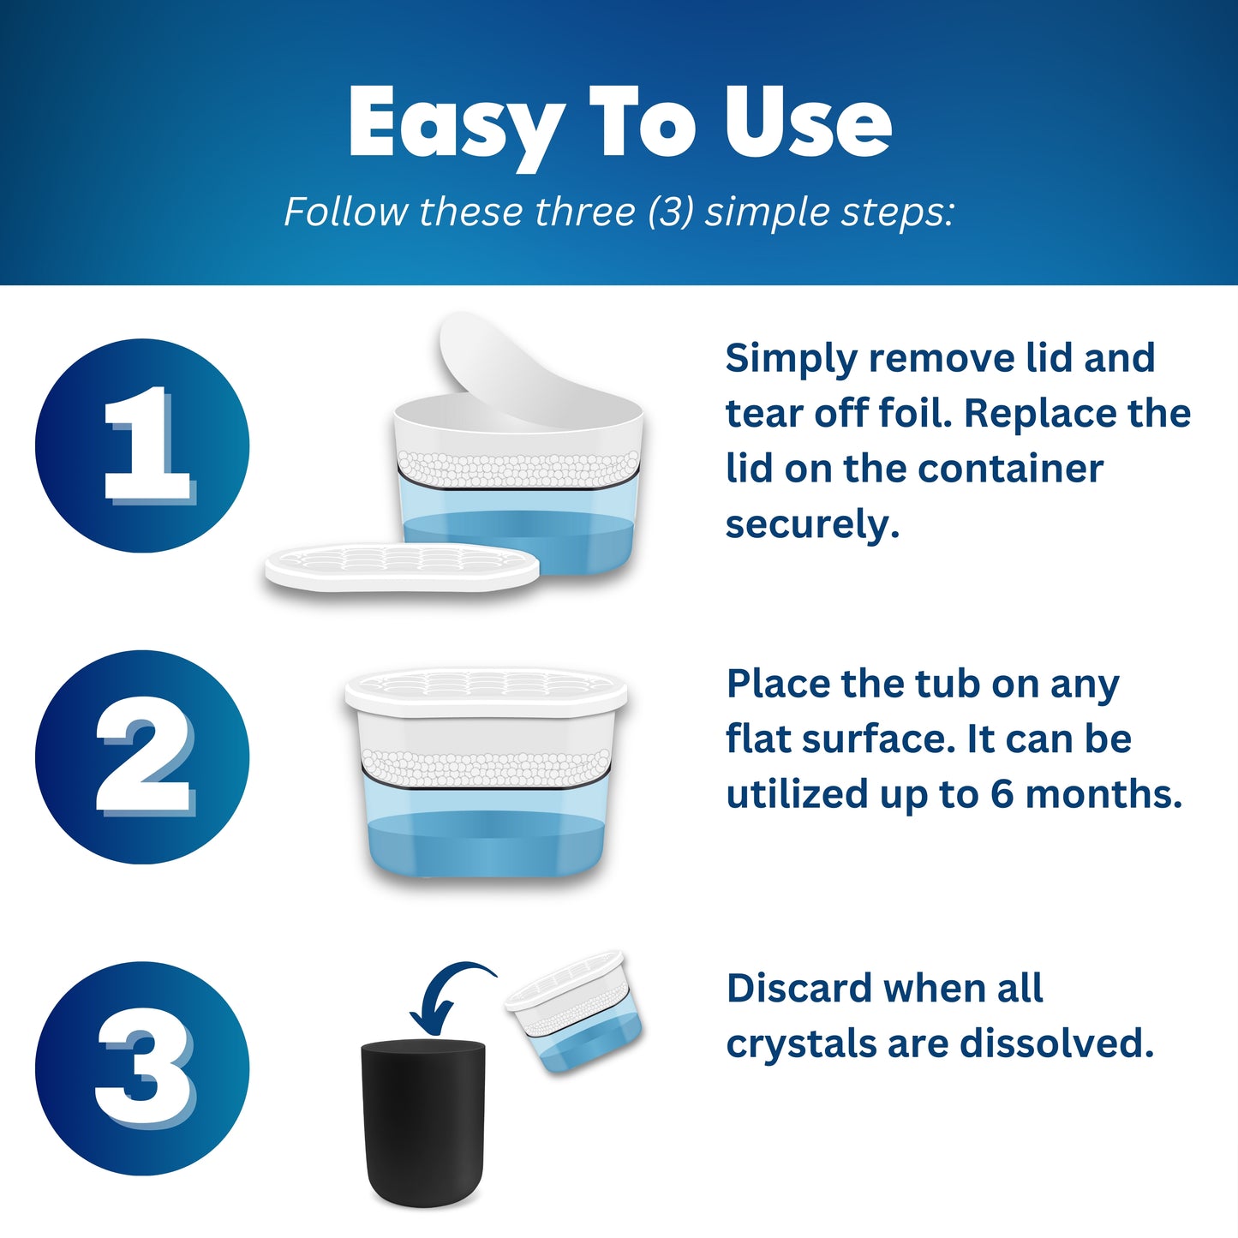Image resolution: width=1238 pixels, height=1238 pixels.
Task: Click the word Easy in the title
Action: (x=457, y=125)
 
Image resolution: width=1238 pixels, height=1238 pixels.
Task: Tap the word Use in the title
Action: (x=809, y=122)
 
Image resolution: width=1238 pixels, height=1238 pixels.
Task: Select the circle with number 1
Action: (x=142, y=446)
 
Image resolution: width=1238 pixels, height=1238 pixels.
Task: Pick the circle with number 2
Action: (x=142, y=757)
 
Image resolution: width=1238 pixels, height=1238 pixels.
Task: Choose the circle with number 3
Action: (x=142, y=1068)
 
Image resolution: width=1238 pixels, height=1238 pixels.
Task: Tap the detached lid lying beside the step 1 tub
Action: (x=402, y=566)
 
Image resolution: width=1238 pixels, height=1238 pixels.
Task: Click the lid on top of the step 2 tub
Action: (x=486, y=692)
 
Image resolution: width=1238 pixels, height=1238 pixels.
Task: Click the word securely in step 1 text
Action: (x=812, y=525)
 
